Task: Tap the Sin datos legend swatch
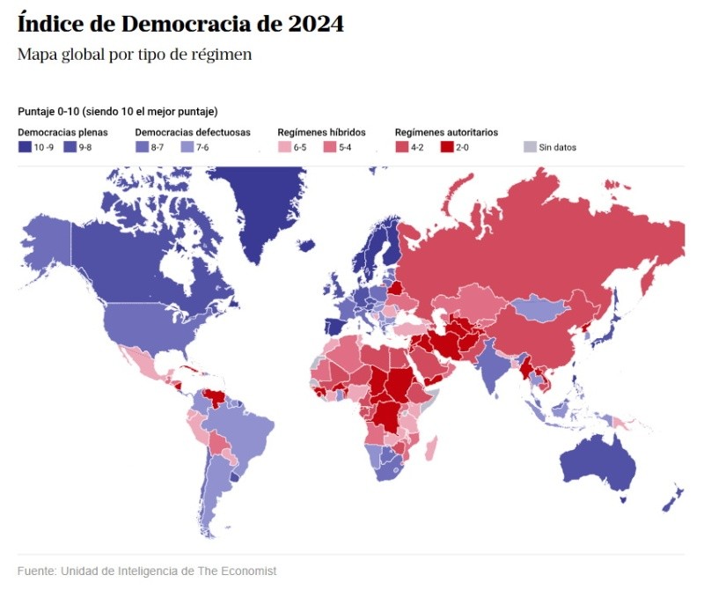pyautogui.click(x=529, y=147)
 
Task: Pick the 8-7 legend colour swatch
pyautogui.click(x=141, y=147)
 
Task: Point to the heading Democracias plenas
pyautogui.click(x=62, y=132)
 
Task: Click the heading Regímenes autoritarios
pyautogui.click(x=446, y=132)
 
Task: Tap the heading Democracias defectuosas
pyautogui.click(x=193, y=132)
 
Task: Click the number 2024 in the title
pyautogui.click(x=315, y=25)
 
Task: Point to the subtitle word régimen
pyautogui.click(x=224, y=55)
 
